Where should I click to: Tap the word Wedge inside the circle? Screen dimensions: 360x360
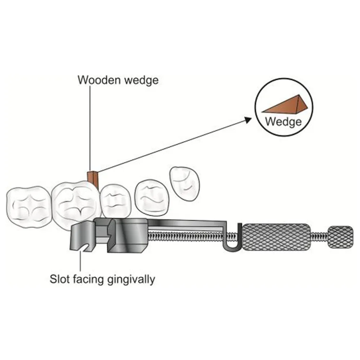point(282,121)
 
